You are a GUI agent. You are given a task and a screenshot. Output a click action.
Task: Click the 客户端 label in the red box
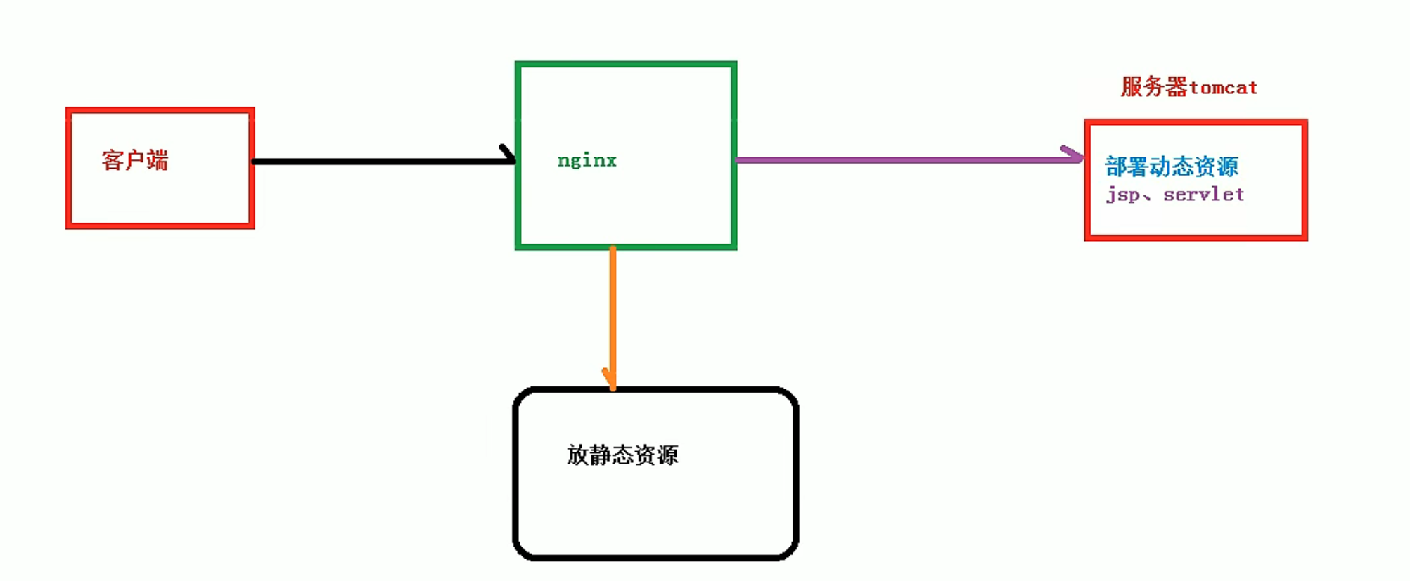(134, 160)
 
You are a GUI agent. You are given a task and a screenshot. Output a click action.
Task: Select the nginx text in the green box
(587, 161)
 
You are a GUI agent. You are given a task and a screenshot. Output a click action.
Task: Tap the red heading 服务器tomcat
(1188, 87)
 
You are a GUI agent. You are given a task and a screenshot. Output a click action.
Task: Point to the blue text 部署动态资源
(1172, 167)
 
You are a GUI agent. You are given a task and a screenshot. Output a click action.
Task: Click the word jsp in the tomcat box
(1122, 195)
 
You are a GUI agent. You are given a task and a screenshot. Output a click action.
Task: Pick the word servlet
(1203, 195)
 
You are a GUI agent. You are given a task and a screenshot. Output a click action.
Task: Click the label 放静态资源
(622, 455)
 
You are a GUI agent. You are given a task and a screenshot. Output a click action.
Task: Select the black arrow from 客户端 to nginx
(380, 162)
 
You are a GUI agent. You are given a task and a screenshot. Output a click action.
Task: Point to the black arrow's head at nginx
(508, 155)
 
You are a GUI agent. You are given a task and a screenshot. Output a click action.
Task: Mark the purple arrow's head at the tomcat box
(1074, 155)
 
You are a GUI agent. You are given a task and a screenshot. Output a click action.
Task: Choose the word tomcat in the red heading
(1223, 88)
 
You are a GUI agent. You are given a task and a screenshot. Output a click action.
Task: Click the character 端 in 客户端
(158, 160)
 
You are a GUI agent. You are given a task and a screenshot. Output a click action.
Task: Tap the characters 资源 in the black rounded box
(656, 455)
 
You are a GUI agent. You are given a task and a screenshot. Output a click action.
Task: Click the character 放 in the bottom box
(577, 455)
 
